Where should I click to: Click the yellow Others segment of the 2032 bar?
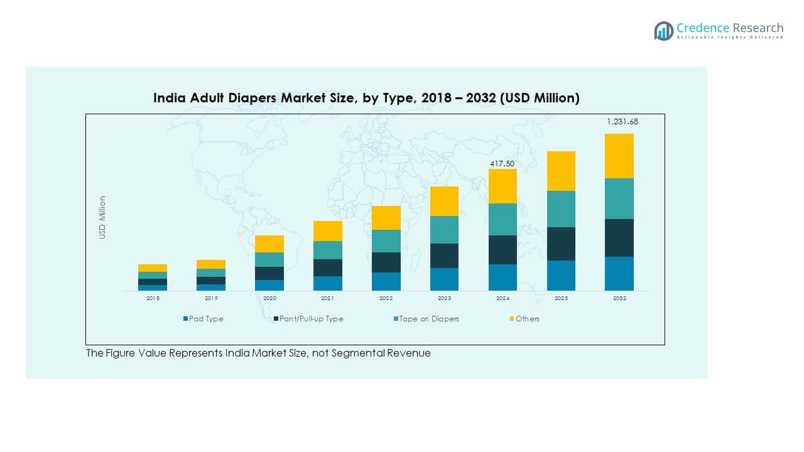619,156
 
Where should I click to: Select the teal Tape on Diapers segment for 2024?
503,219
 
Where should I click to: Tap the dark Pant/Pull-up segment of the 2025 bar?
561,244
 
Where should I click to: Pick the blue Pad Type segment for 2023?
444,279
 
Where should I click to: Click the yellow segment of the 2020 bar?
269,244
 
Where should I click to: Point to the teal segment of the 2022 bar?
386,241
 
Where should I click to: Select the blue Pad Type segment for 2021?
327,283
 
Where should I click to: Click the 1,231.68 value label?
622,122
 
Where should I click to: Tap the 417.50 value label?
503,164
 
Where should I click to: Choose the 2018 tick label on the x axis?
153,298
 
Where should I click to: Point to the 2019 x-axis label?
211,298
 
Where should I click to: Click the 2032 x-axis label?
619,298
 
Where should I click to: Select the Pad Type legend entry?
203,319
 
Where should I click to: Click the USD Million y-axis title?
102,217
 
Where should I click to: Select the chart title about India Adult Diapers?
366,98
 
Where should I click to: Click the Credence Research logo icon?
663,30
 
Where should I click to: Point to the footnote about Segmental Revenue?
258,353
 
